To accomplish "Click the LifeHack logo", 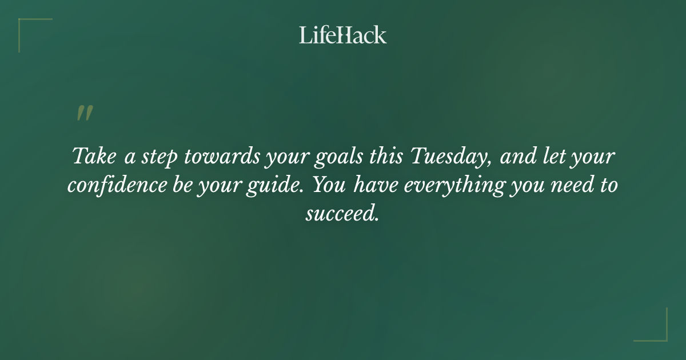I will tap(343, 35).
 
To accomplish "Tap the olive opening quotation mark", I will tap(84, 113).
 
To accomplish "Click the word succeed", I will tap(342, 214).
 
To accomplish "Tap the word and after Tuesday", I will tap(517, 157).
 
